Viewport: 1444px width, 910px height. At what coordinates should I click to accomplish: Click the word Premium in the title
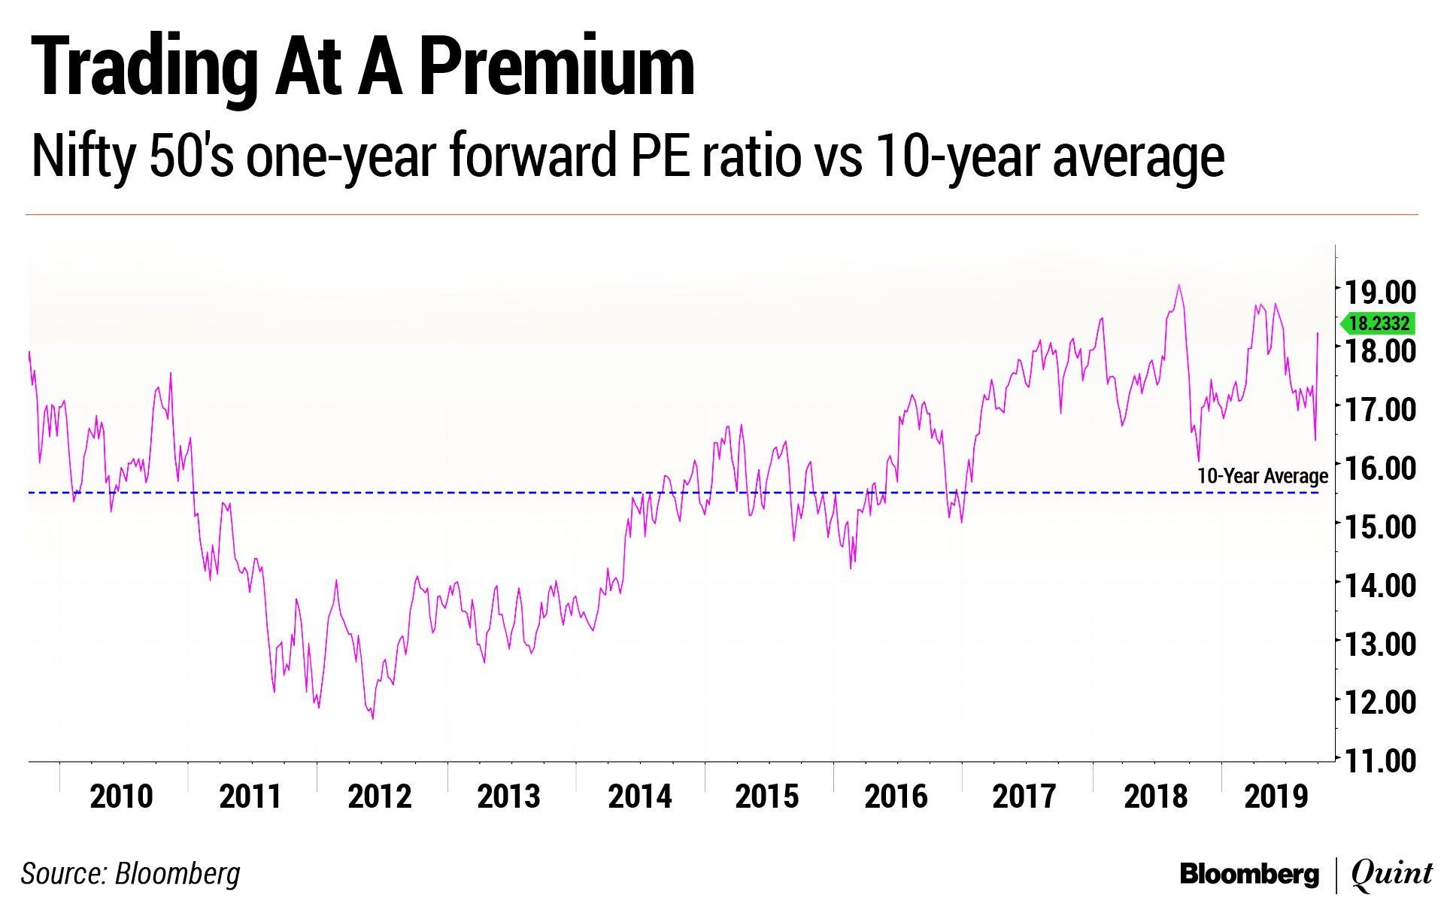click(x=557, y=68)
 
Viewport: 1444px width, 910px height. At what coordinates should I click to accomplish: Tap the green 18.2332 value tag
click(x=1379, y=323)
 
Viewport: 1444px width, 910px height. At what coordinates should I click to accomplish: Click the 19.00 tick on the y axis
click(x=1380, y=292)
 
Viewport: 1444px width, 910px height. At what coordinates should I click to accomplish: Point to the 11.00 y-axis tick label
click(x=1380, y=760)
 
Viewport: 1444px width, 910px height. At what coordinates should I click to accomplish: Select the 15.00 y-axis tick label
click(x=1380, y=526)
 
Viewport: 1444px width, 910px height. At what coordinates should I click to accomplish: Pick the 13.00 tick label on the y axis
click(x=1380, y=644)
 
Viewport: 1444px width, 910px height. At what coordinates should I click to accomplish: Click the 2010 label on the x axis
click(x=121, y=796)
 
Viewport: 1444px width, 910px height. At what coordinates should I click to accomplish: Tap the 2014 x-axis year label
click(x=639, y=796)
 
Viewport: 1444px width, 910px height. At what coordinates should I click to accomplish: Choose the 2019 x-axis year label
click(x=1276, y=796)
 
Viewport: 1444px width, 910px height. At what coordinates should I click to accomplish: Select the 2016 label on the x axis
click(x=896, y=796)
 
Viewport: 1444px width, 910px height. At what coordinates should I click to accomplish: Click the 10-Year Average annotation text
click(x=1262, y=476)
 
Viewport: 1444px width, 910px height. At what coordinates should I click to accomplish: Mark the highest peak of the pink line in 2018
click(x=1179, y=286)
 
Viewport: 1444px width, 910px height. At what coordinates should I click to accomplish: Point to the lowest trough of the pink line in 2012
click(x=373, y=718)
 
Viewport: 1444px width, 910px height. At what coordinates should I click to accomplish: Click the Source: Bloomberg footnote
click(x=131, y=874)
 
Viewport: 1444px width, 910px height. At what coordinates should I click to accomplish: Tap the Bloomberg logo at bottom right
click(x=1249, y=874)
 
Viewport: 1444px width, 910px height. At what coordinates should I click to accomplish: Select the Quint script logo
click(x=1391, y=874)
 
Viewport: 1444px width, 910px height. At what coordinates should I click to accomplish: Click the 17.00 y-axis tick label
click(x=1380, y=409)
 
